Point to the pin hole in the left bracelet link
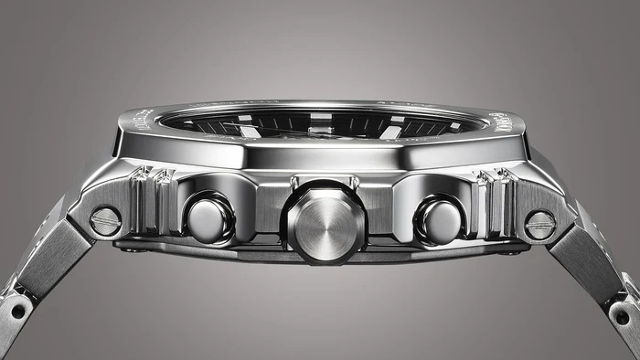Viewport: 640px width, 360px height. coord(17,312)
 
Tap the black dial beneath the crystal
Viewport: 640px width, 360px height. coord(320,122)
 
